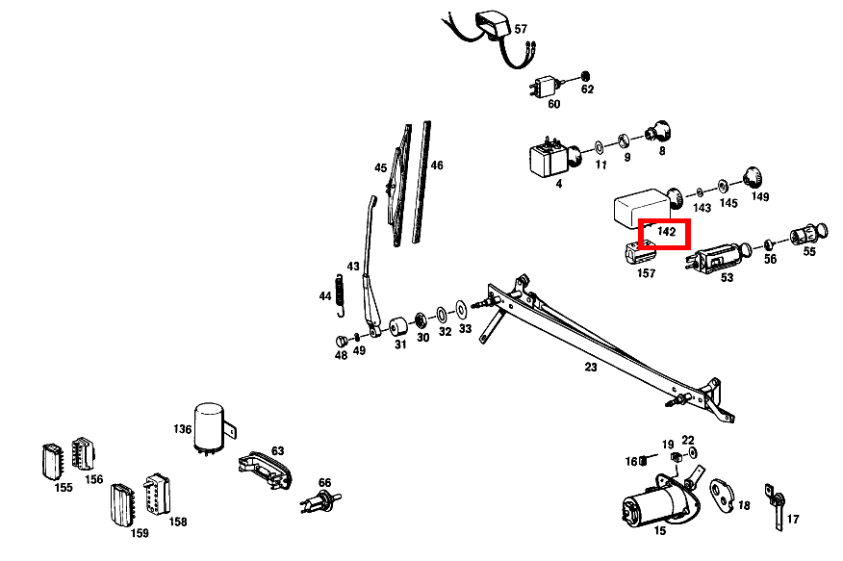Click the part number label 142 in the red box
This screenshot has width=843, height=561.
point(666,233)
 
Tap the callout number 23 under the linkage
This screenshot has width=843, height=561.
point(590,367)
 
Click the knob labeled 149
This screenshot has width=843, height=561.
point(753,178)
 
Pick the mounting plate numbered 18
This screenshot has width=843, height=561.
point(723,497)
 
